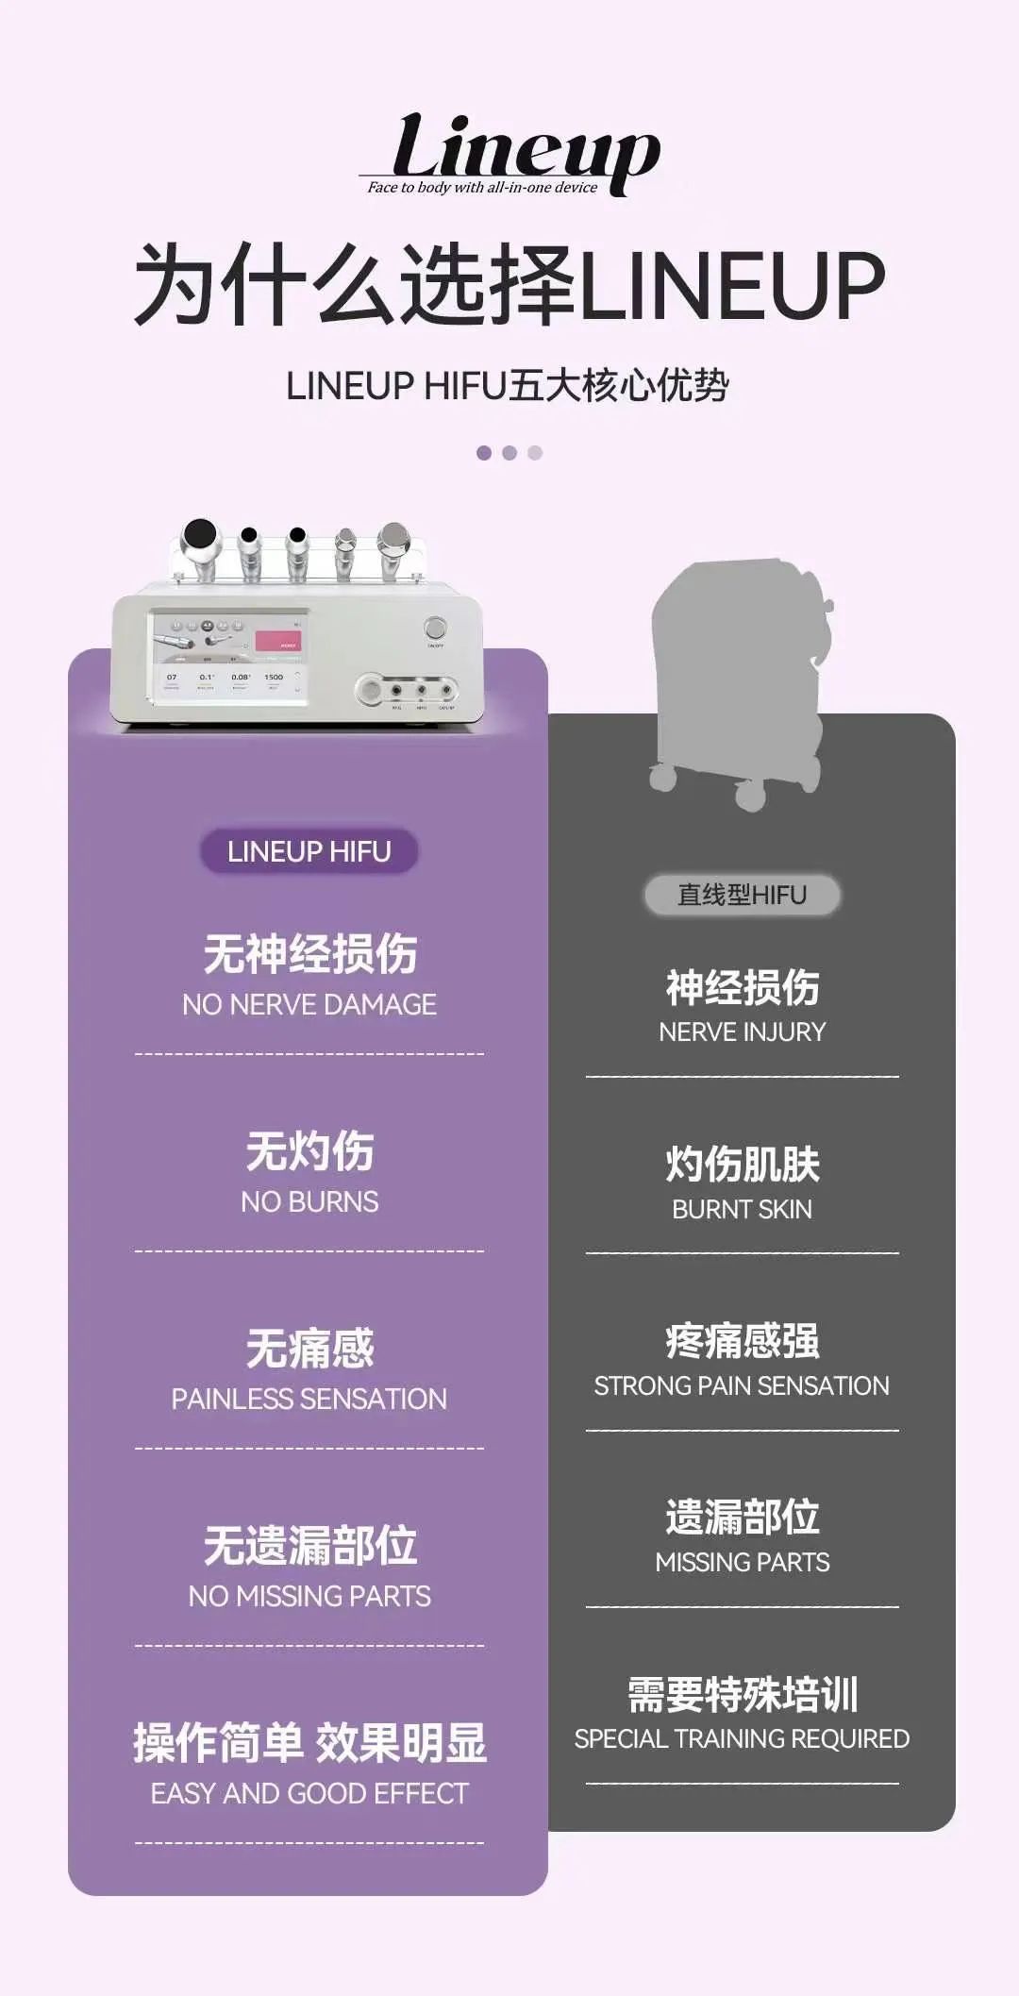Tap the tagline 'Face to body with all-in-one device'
tap(482, 187)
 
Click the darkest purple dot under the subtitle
tap(484, 453)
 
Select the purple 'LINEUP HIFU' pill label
tap(309, 851)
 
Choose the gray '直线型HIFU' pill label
tap(742, 895)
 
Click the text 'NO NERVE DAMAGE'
tap(309, 1004)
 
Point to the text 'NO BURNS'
tap(309, 1201)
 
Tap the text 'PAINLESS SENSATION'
tap(309, 1399)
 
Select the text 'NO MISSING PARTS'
tap(309, 1596)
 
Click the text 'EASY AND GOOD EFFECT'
tap(309, 1793)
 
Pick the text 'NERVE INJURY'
tap(743, 1032)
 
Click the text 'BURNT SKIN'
tap(743, 1209)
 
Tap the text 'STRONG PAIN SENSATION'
tap(743, 1385)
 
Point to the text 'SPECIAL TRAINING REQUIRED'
tap(743, 1738)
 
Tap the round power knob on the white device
tap(435, 629)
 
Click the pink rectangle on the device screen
tap(278, 643)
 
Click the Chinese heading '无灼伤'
tap(309, 1151)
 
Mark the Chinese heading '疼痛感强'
tap(743, 1341)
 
